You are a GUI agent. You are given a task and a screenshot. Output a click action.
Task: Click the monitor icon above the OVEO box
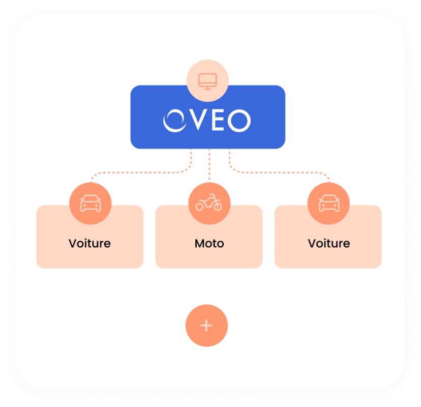pyautogui.click(x=207, y=81)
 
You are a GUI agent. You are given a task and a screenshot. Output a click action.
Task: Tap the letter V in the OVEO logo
pyautogui.click(x=198, y=120)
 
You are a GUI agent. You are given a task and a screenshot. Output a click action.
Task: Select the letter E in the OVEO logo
pyautogui.click(x=218, y=120)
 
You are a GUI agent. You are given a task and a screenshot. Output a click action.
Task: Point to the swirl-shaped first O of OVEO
pyautogui.click(x=175, y=121)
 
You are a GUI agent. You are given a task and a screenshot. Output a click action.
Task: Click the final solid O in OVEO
pyautogui.click(x=239, y=121)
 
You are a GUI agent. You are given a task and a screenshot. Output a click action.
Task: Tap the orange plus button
pyautogui.click(x=206, y=326)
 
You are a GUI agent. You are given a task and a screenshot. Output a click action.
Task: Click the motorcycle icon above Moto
pyautogui.click(x=209, y=202)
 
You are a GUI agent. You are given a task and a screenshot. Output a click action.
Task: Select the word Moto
pyautogui.click(x=209, y=244)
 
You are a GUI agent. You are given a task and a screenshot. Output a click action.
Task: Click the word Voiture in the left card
pyautogui.click(x=89, y=243)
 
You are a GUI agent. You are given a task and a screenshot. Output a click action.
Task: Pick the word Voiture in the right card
pyautogui.click(x=329, y=243)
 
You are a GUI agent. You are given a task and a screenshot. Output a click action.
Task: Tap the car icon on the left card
pyautogui.click(x=91, y=203)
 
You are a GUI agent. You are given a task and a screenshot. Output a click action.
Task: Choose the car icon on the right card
pyautogui.click(x=329, y=203)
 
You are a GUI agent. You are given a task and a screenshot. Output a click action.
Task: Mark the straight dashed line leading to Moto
pyautogui.click(x=209, y=164)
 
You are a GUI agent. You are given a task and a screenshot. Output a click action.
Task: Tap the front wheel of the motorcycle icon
pyautogui.click(x=218, y=207)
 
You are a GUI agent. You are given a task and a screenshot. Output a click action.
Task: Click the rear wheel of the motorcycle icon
pyautogui.click(x=199, y=207)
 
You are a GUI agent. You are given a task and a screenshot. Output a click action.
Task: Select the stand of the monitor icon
pyautogui.click(x=207, y=88)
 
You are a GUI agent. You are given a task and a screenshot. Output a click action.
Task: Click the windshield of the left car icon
pyautogui.click(x=91, y=199)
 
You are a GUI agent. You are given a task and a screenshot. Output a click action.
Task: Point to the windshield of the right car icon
pyautogui.click(x=329, y=199)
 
